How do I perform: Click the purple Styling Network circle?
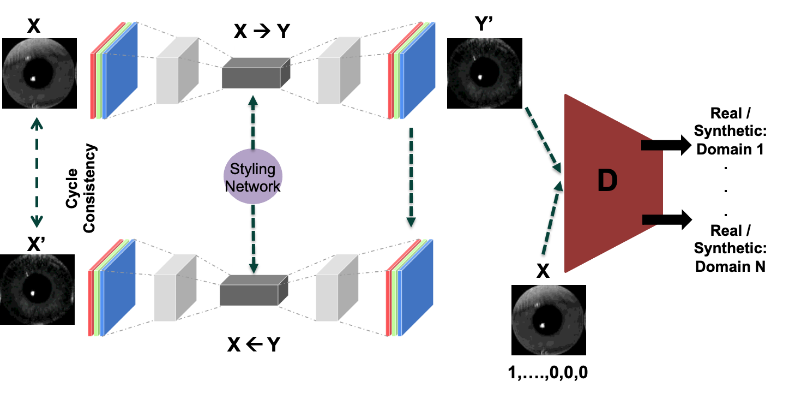tap(253, 176)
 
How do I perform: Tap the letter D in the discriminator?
tap(607, 181)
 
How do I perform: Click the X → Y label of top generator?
tap(262, 32)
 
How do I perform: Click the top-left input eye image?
tap(38, 73)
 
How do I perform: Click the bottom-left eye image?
tap(37, 289)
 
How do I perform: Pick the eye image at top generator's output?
tap(484, 73)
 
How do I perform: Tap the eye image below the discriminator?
tap(548, 320)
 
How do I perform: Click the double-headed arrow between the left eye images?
tap(37, 172)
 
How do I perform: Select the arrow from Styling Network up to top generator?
tap(253, 123)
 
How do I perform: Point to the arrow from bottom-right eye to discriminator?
tap(552, 218)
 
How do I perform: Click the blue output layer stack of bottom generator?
tap(415, 287)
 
